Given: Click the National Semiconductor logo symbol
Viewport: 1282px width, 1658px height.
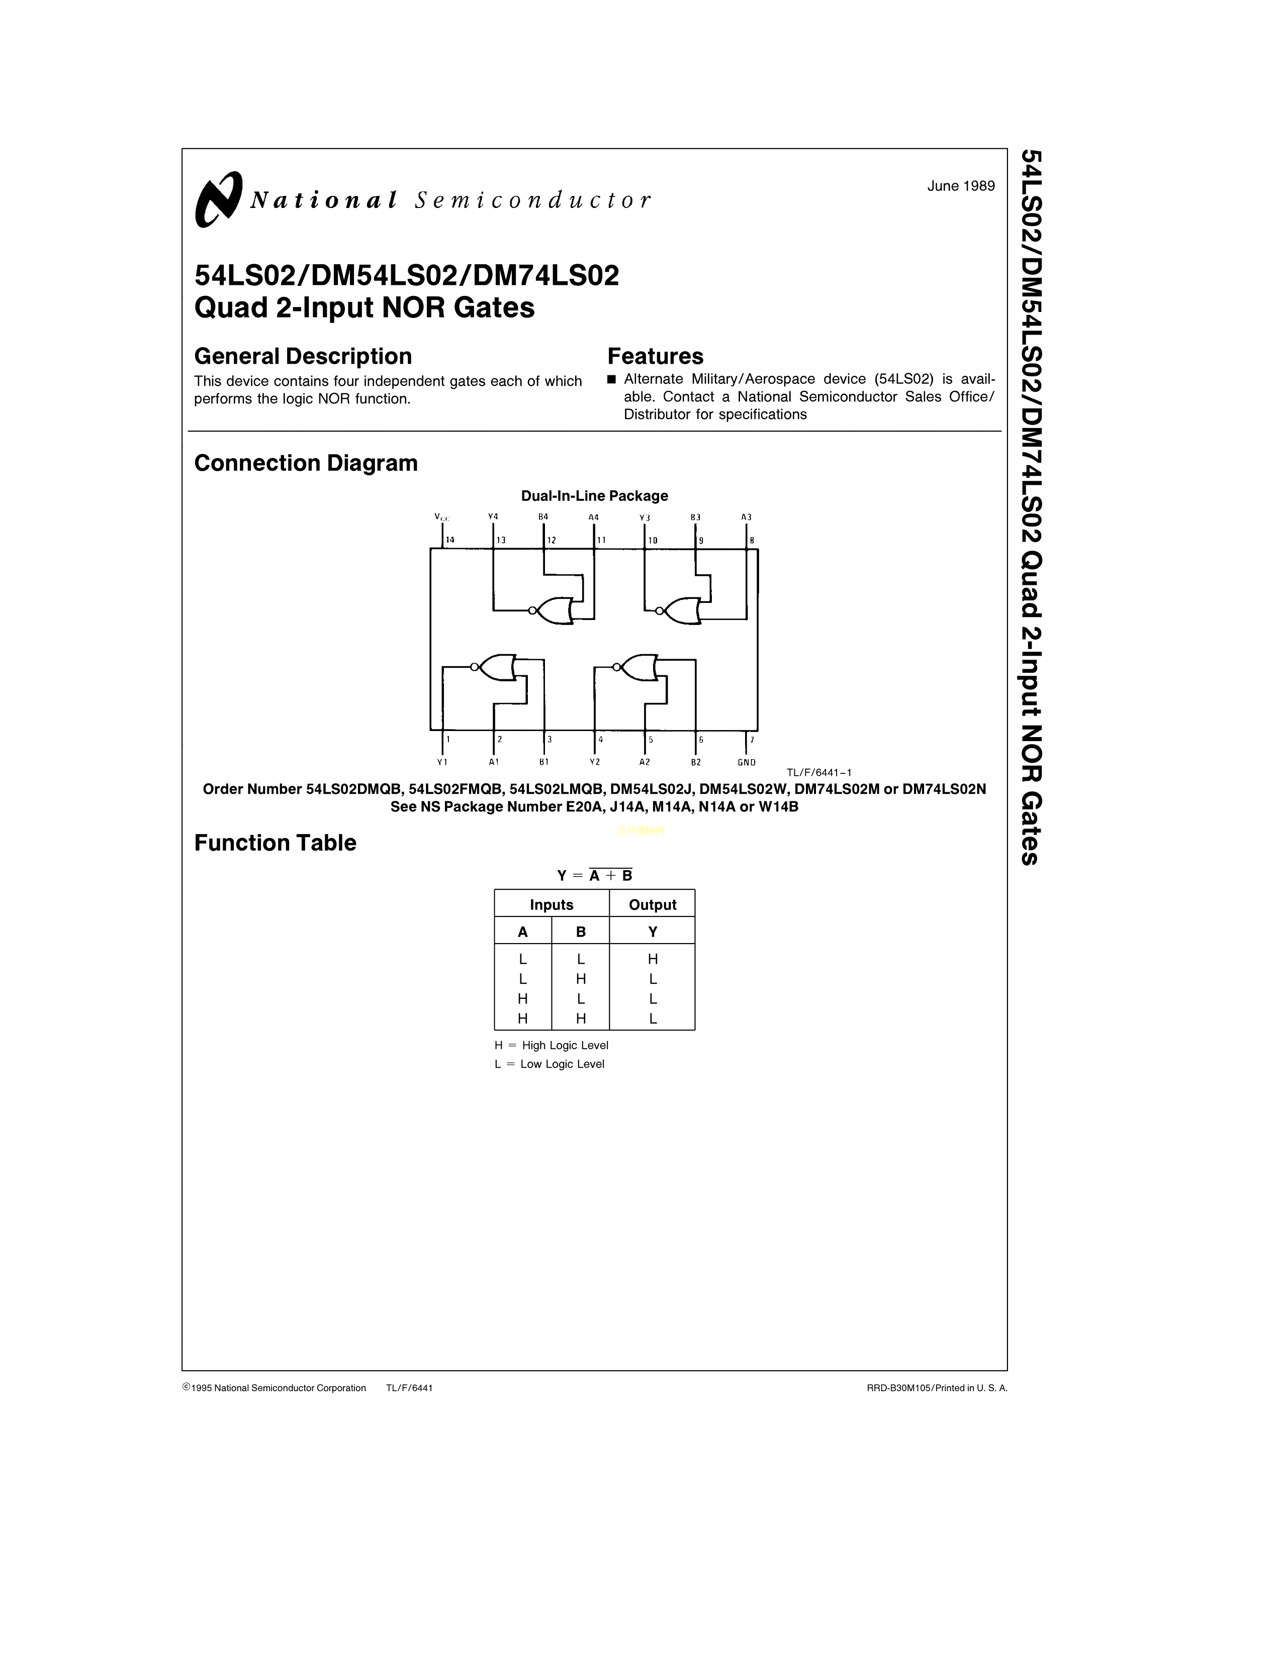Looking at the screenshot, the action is coord(219,199).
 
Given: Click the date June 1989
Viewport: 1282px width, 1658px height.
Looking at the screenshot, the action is coord(961,186).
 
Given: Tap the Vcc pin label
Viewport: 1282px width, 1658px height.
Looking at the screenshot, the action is coord(442,517).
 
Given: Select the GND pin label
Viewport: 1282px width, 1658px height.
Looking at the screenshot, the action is coord(747,762).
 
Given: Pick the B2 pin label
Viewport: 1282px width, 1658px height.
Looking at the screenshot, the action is coord(696,762).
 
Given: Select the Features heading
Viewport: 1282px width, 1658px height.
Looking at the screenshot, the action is coord(656,356).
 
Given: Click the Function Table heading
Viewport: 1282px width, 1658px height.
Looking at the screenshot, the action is coord(275,843).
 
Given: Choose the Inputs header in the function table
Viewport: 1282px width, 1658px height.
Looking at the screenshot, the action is coord(552,905).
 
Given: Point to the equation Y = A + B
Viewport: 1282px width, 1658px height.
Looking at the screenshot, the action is coord(595,875).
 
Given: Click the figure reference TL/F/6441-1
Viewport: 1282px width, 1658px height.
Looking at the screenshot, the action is coord(818,773).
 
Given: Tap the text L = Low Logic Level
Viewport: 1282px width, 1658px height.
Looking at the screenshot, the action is coord(549,1064).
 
